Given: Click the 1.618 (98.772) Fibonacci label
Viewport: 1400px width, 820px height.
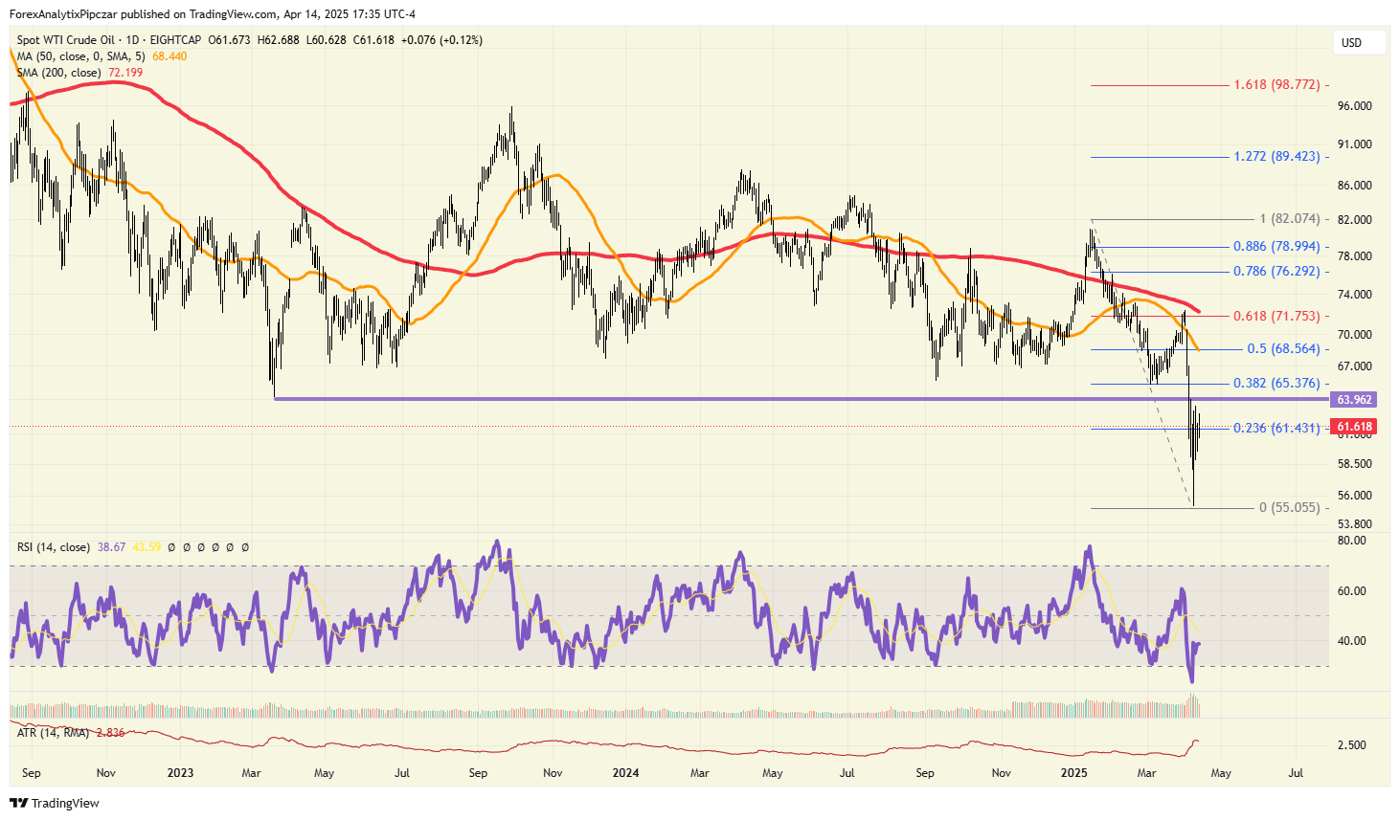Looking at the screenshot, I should [1276, 85].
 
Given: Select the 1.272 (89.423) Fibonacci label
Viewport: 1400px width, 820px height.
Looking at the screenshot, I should [1276, 157].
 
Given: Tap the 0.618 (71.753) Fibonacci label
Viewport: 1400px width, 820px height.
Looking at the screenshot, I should [1276, 316].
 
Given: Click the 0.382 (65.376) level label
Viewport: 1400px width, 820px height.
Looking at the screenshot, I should [1276, 384].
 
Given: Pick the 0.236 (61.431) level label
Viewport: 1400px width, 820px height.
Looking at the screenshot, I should [1276, 429].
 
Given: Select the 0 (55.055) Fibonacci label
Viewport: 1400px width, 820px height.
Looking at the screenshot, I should [1289, 508].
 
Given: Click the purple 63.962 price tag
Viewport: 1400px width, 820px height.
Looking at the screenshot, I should [1354, 400].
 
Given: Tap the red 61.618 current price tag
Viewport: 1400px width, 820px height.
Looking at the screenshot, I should [1354, 427].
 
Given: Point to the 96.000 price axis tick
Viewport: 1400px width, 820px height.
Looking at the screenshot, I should [1354, 106].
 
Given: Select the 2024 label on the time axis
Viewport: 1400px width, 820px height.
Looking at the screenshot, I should [625, 773].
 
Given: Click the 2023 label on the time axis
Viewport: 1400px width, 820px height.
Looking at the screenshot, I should [179, 773].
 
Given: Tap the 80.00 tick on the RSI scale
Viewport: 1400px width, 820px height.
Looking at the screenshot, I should [1351, 541].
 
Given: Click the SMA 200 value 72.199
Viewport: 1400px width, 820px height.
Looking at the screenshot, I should [125, 73].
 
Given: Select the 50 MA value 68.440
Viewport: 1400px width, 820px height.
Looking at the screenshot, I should [169, 56].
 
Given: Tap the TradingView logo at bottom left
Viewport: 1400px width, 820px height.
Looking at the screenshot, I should [55, 804].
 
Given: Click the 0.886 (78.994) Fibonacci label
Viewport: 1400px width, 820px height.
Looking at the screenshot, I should [1276, 247].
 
